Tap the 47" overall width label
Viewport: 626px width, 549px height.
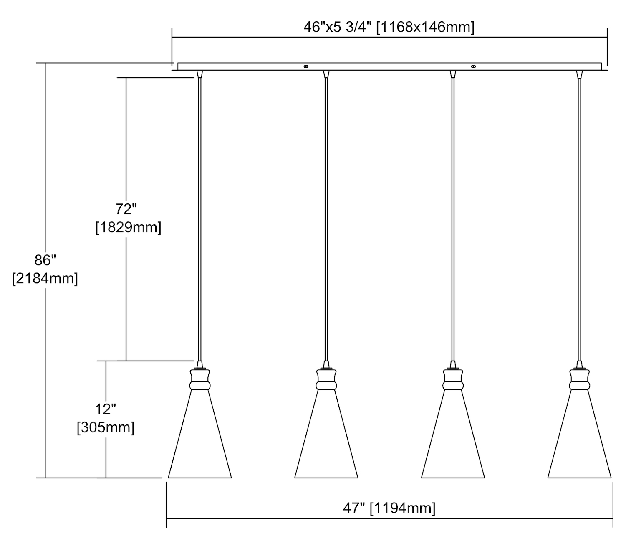[x=354, y=508]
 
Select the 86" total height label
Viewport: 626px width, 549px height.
[x=45, y=260]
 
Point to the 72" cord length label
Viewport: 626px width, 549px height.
[x=126, y=209]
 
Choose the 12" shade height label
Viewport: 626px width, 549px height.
[x=105, y=409]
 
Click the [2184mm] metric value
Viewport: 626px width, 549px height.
[x=45, y=279]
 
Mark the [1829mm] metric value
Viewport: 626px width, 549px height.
[x=129, y=228]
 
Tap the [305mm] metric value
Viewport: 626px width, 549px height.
[x=106, y=428]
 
